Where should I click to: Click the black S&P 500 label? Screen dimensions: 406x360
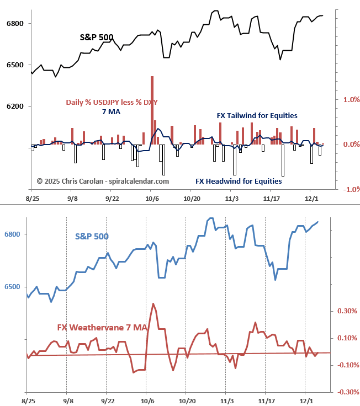pos(97,38)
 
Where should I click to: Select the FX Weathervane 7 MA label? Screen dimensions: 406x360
pos(102,328)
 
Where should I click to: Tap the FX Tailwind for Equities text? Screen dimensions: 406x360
pos(256,116)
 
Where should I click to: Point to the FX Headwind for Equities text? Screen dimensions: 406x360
pos(239,181)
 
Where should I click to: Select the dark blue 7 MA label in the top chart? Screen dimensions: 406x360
pos(111,112)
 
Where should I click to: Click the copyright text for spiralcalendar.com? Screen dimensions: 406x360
pos(103,180)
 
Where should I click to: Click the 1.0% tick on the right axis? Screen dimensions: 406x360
pos(351,100)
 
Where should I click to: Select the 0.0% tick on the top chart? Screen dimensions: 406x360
pos(351,145)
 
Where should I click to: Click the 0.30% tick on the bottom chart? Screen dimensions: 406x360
pos(347,311)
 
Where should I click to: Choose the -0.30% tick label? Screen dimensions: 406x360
pos(346,392)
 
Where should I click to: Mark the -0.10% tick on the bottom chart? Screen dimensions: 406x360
pos(346,365)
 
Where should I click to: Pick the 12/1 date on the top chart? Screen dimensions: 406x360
pos(311,197)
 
